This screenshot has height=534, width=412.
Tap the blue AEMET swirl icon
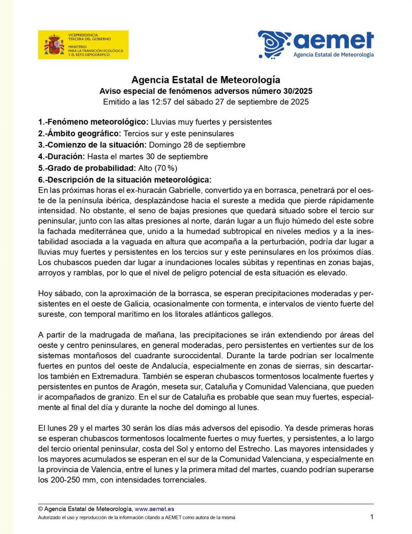[274, 44]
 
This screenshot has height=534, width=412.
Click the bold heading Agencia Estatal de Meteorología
[206, 80]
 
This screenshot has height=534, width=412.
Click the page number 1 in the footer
[372, 517]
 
